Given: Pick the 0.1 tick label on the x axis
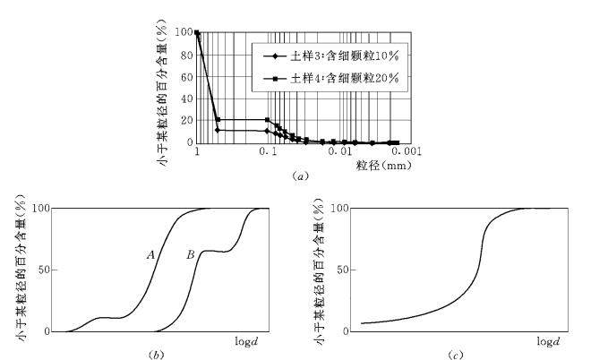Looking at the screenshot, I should coord(267,153).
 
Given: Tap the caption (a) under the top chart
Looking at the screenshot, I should coord(300,177).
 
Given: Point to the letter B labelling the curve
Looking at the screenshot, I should coord(190,255).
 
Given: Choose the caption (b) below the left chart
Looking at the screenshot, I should coord(158,355).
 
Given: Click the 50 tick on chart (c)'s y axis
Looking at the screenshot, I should coord(343,270).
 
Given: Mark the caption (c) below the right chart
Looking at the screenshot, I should coord(454,355).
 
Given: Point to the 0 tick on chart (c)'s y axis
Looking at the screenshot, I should coord(346,331).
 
